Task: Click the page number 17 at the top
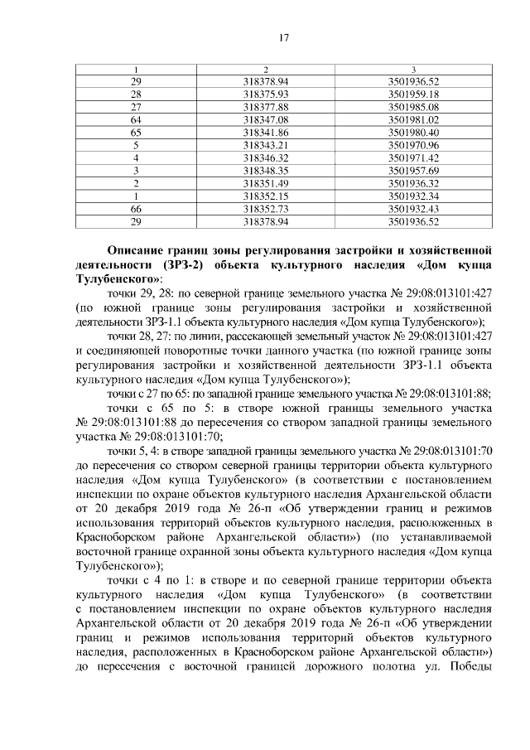coord(282,37)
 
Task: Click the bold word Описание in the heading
coord(141,249)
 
